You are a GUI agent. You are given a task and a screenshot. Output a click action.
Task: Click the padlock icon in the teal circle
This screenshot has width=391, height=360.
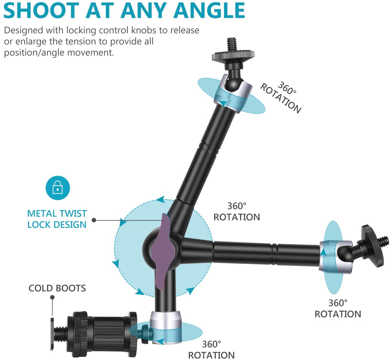click(58, 188)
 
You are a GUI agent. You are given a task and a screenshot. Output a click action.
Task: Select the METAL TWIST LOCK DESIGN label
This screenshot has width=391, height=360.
click(57, 219)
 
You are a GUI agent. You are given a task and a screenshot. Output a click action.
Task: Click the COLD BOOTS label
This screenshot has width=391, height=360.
click(57, 288)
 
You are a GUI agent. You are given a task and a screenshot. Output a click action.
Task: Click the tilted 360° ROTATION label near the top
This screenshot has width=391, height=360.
click(281, 97)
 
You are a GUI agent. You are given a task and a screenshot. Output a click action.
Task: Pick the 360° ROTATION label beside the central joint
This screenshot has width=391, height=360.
click(237, 211)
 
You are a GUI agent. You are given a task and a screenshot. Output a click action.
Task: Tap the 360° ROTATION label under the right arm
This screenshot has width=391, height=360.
click(338, 308)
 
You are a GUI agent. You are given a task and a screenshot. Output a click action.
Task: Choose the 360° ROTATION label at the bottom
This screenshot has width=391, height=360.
click(211, 350)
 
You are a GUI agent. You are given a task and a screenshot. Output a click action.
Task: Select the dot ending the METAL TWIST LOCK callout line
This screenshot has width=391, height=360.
click(94, 220)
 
